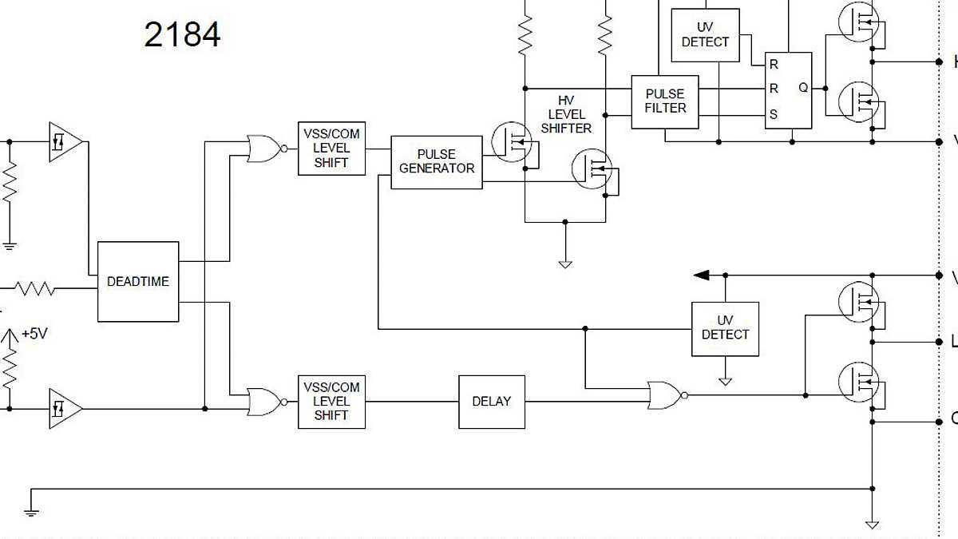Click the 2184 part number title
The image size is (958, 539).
(x=182, y=34)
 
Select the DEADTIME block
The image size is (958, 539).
(x=138, y=281)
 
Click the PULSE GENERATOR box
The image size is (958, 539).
(x=437, y=162)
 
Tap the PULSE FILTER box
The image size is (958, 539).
(x=664, y=101)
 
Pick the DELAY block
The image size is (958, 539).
(x=491, y=402)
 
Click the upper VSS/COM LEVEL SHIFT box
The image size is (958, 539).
(x=331, y=149)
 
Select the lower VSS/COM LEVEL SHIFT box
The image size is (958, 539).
(x=331, y=402)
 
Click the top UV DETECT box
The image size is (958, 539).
(x=705, y=35)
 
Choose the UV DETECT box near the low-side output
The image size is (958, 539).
(x=725, y=328)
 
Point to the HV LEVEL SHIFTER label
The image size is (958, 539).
(x=566, y=114)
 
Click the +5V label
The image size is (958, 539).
(x=35, y=334)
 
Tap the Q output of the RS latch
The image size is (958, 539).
(x=802, y=88)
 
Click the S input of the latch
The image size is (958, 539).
(x=773, y=114)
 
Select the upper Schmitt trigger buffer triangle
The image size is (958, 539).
(x=65, y=142)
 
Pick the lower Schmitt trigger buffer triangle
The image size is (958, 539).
(x=65, y=409)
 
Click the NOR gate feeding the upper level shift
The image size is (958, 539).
(x=264, y=149)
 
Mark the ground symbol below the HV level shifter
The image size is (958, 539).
(x=565, y=263)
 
